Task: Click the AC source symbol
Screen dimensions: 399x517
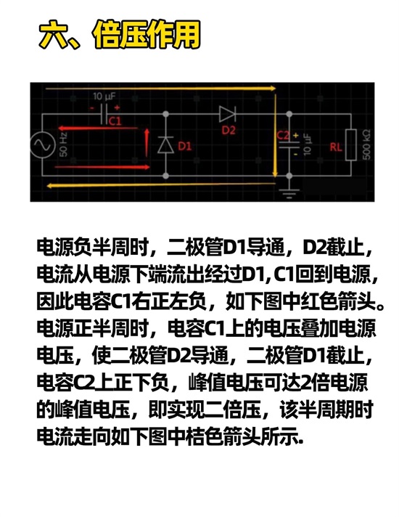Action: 43,144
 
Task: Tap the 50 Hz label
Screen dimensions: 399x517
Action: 63,144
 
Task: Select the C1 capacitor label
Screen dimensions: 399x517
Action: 115,121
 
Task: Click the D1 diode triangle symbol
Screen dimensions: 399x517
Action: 165,144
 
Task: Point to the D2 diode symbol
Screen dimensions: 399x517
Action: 227,114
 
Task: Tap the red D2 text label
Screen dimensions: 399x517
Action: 229,130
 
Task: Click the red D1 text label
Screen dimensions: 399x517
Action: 184,146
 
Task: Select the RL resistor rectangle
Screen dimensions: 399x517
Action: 351,145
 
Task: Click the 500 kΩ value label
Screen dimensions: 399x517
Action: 366,144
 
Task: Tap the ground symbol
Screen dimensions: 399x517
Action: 289,194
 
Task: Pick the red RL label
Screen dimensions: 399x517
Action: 336,147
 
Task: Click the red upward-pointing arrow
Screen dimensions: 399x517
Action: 147,143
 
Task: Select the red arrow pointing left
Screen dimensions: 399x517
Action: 98,129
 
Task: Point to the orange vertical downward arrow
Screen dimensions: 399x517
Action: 276,135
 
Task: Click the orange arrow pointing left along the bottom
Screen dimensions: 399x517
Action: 162,185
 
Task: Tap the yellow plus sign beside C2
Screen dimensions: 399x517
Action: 295,135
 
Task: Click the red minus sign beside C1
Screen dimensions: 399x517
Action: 92,107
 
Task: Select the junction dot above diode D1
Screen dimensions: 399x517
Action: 165,114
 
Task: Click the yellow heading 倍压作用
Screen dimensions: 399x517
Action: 147,35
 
